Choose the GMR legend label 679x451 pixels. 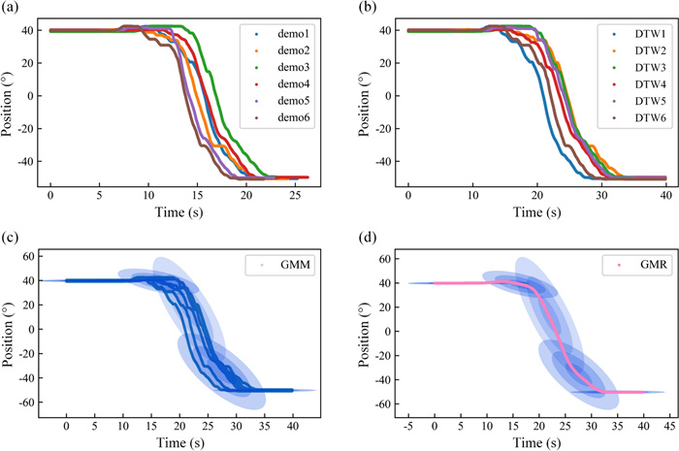[x=630, y=264]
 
